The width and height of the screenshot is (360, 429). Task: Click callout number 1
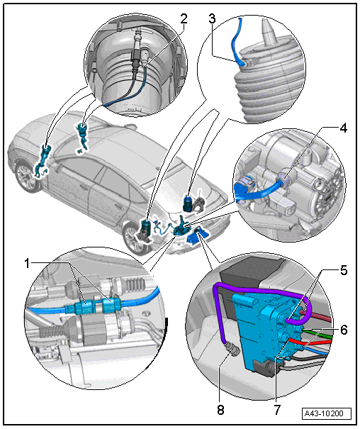27,264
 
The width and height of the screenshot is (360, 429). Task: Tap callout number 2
184,19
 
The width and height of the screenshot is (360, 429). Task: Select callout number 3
212,18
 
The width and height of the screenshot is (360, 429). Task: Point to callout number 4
343,128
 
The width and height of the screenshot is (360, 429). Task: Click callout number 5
344,270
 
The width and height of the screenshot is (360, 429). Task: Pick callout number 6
344,330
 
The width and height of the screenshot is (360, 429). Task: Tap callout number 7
277,410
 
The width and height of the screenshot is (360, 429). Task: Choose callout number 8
220,410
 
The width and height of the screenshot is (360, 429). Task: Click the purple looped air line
262,289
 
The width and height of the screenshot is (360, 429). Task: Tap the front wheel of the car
135,238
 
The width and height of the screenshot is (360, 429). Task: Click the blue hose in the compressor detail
257,191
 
